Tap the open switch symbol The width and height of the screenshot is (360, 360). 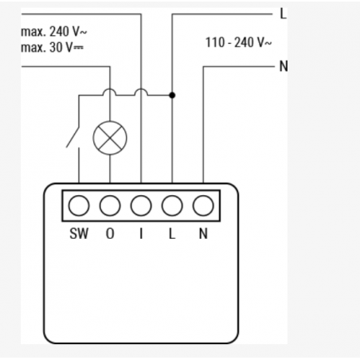73,138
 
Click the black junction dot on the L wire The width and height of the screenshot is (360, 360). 172,95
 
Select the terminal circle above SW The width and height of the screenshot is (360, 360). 79,205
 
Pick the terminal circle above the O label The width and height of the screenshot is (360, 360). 110,205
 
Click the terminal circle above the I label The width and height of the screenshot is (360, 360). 141,205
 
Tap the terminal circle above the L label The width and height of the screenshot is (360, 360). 172,205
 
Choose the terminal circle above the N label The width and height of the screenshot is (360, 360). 203,205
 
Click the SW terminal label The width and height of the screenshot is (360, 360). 79,233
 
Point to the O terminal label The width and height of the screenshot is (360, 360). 110,233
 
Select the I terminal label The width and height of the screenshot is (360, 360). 141,233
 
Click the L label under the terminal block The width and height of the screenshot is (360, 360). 172,233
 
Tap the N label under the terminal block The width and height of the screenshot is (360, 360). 203,233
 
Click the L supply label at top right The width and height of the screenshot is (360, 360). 284,14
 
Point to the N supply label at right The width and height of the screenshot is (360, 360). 284,66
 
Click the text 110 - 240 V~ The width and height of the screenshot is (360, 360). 239,42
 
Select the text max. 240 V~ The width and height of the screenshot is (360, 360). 54,32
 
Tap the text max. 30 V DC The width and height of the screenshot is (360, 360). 52,48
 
